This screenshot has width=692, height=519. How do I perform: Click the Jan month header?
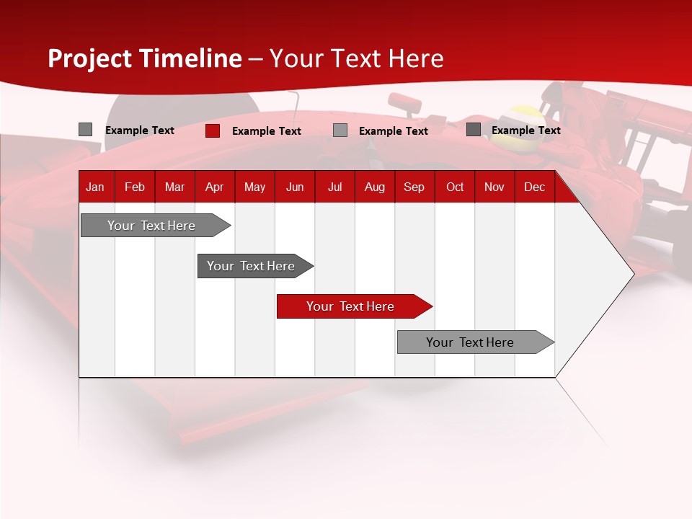click(95, 187)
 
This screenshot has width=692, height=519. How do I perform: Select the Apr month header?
click(214, 187)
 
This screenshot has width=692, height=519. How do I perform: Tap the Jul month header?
click(334, 187)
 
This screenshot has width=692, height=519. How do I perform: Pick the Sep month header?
click(414, 187)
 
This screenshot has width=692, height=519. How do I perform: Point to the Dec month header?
click(534, 187)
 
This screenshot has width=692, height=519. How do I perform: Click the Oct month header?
click(455, 187)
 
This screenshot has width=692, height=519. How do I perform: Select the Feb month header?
click(135, 187)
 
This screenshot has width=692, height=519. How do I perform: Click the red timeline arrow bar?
click(353, 306)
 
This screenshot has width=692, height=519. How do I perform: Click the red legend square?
click(213, 130)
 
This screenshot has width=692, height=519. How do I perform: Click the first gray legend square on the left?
click(86, 130)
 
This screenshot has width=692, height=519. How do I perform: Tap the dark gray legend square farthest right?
click(474, 130)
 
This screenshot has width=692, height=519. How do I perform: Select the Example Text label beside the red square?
click(267, 131)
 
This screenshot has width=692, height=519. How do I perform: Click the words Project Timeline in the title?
click(145, 58)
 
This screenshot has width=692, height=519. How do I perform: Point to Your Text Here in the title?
click(356, 58)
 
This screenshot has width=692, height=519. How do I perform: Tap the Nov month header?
click(494, 187)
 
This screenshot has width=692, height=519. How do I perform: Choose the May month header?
click(254, 187)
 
